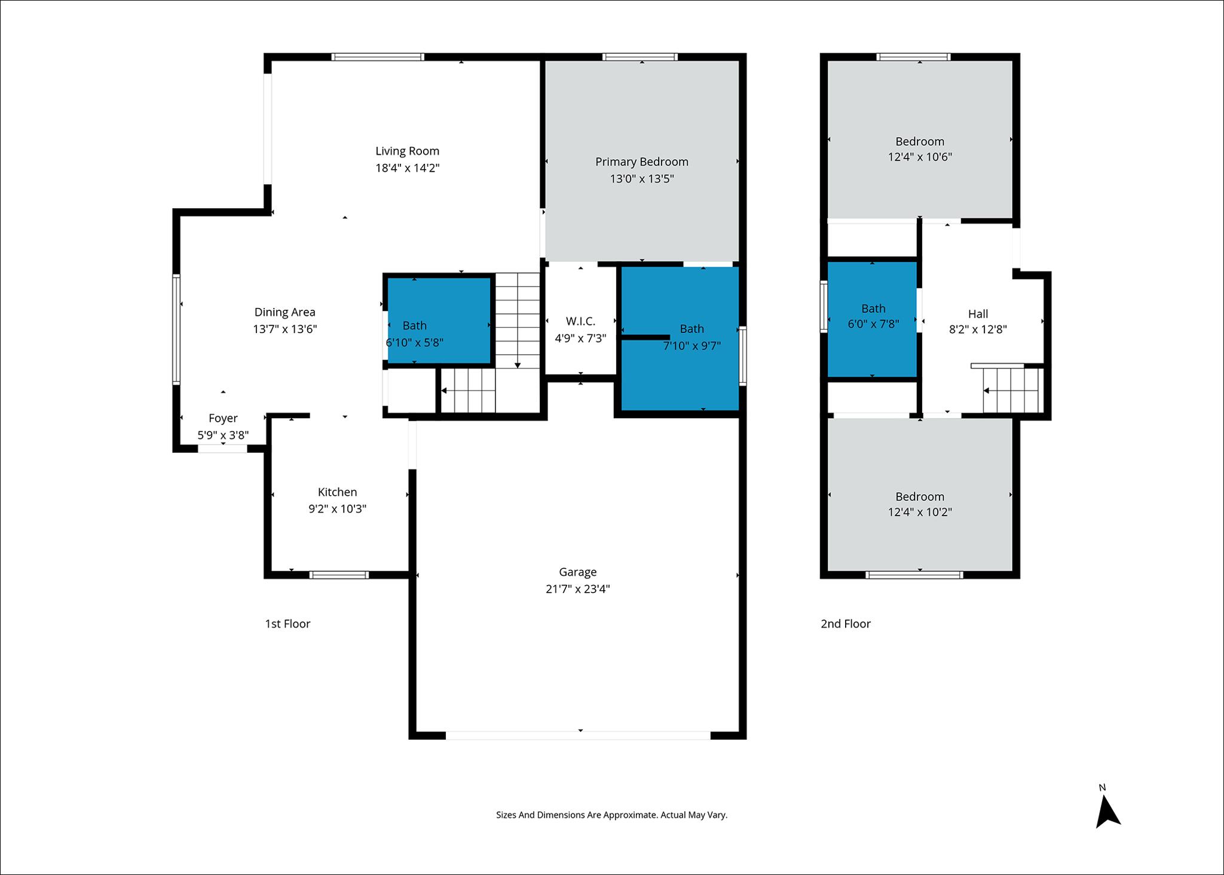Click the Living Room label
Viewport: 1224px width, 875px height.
(407, 151)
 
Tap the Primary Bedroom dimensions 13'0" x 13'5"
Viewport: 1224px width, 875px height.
(642, 178)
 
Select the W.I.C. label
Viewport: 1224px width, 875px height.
(580, 321)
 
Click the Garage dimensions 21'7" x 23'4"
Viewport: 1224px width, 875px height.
(577, 589)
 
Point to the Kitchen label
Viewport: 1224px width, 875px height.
(337, 492)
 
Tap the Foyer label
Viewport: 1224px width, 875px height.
(223, 418)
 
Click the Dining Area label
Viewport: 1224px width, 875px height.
(284, 312)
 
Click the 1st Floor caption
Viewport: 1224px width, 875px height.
(287, 624)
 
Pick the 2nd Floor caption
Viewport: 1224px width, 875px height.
(845, 624)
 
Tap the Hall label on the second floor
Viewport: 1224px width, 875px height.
(978, 313)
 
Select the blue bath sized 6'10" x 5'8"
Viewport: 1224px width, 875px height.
(439, 320)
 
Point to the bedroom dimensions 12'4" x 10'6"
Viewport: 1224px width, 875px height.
(920, 157)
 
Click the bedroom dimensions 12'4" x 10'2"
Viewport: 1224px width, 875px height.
(920, 512)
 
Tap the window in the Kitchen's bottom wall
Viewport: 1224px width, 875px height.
(339, 575)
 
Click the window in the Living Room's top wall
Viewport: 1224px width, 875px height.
(378, 57)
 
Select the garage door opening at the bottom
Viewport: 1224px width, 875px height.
(578, 735)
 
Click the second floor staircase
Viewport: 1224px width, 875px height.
(1012, 390)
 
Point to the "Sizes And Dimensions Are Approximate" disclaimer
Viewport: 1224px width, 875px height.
(611, 815)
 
